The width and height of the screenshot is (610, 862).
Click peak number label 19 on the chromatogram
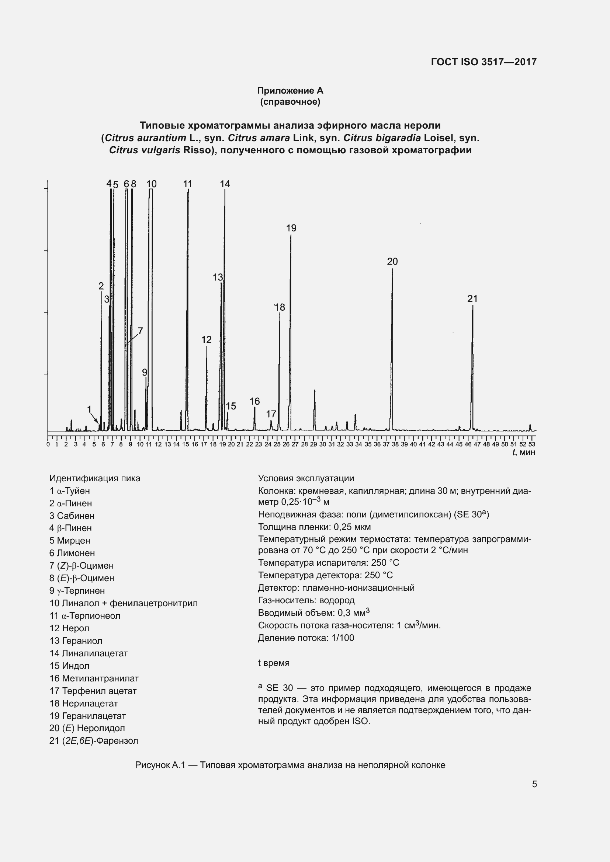291,228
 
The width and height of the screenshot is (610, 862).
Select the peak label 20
392,261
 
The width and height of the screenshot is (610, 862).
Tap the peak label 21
472,299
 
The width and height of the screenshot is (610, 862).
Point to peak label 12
206,339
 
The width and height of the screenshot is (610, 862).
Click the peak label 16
254,401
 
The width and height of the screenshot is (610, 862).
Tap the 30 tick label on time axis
323,444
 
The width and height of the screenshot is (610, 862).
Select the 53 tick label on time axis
532,444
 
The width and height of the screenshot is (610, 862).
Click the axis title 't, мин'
524,453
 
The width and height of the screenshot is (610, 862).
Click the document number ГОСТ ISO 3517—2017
484,62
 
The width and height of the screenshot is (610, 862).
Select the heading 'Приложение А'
290,91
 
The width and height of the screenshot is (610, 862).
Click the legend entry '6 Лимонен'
72,553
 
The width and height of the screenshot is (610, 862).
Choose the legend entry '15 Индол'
69,666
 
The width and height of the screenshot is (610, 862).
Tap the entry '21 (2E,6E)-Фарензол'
94,741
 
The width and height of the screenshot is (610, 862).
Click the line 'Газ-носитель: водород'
306,600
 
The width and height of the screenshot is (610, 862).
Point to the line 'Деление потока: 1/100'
306,638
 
